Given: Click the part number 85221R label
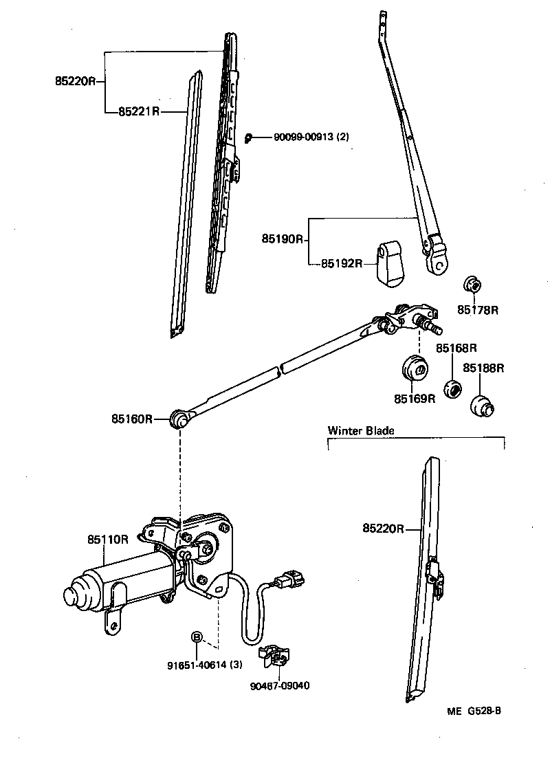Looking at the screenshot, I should click(138, 111).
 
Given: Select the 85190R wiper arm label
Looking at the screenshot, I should click(282, 239).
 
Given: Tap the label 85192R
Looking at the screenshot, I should click(341, 263).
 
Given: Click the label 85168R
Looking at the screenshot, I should click(456, 349).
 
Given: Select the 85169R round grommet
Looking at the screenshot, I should click(415, 368).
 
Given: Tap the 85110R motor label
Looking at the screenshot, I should click(108, 539).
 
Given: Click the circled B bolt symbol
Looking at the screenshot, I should click(196, 637).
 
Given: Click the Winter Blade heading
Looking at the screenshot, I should click(361, 431).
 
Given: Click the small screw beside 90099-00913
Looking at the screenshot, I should click(250, 137).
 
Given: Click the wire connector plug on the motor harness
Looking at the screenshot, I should click(289, 582).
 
